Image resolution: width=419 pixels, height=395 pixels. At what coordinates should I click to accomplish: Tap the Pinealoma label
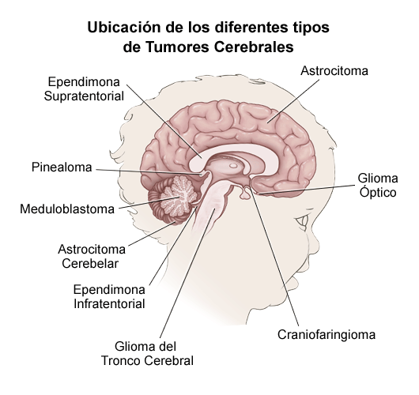pos(62,167)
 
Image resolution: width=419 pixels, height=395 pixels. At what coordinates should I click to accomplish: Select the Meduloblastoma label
pos(67,209)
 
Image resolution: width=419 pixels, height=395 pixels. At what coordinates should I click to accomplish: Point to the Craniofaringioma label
pos(327,334)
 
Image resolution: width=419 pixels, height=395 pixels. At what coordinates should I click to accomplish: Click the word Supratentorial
pos(84,96)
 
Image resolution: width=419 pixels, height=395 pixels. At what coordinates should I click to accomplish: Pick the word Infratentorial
pos(109,303)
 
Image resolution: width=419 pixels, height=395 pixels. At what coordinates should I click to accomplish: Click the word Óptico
pos(378,192)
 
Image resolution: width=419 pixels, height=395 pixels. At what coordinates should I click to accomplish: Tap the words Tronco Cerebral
pos(147,361)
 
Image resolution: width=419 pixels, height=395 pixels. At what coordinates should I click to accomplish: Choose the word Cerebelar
pos(90,264)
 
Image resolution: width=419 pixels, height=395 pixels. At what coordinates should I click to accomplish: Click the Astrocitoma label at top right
pos(334,71)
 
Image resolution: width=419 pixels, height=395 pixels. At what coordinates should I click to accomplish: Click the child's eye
pos(302,223)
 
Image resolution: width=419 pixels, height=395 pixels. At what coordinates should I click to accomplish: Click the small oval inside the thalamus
pos(233,166)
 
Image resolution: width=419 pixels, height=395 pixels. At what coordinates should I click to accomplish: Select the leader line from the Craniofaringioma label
pos(274,256)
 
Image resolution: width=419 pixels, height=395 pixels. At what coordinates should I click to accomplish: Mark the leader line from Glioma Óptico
pos(307,189)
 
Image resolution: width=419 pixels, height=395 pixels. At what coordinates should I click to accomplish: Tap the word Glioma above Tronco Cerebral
pos(145,347)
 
